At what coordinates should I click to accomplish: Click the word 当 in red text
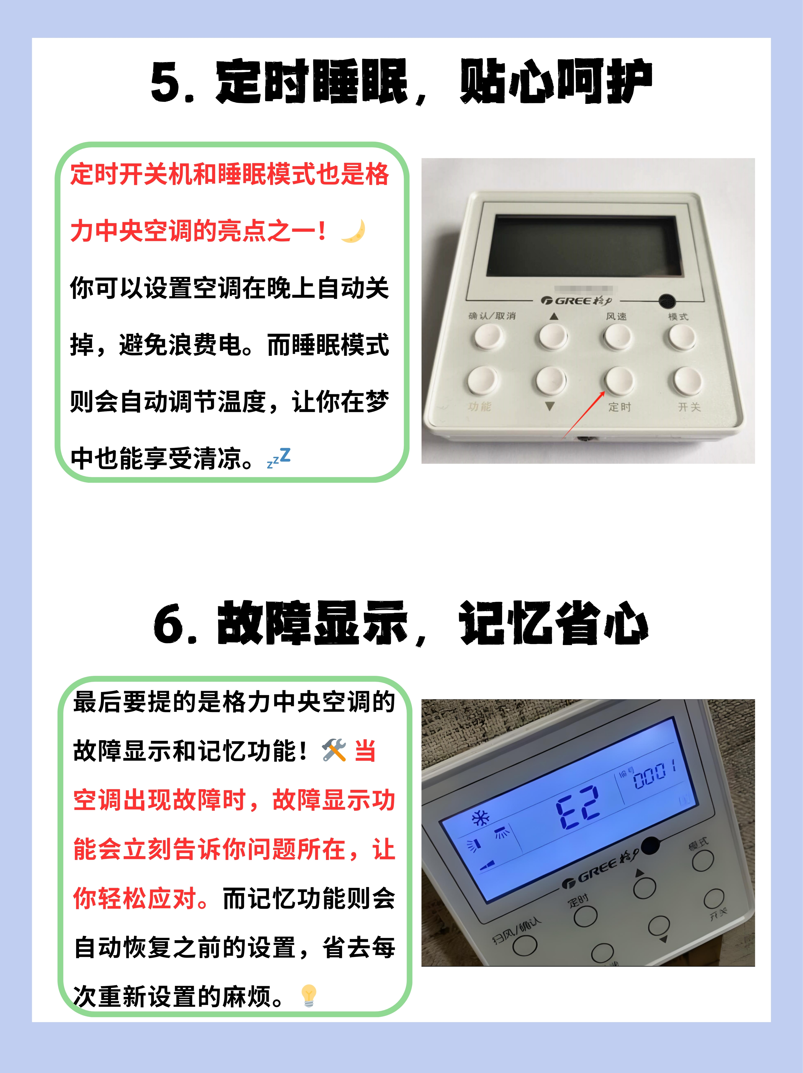coord(365,751)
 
